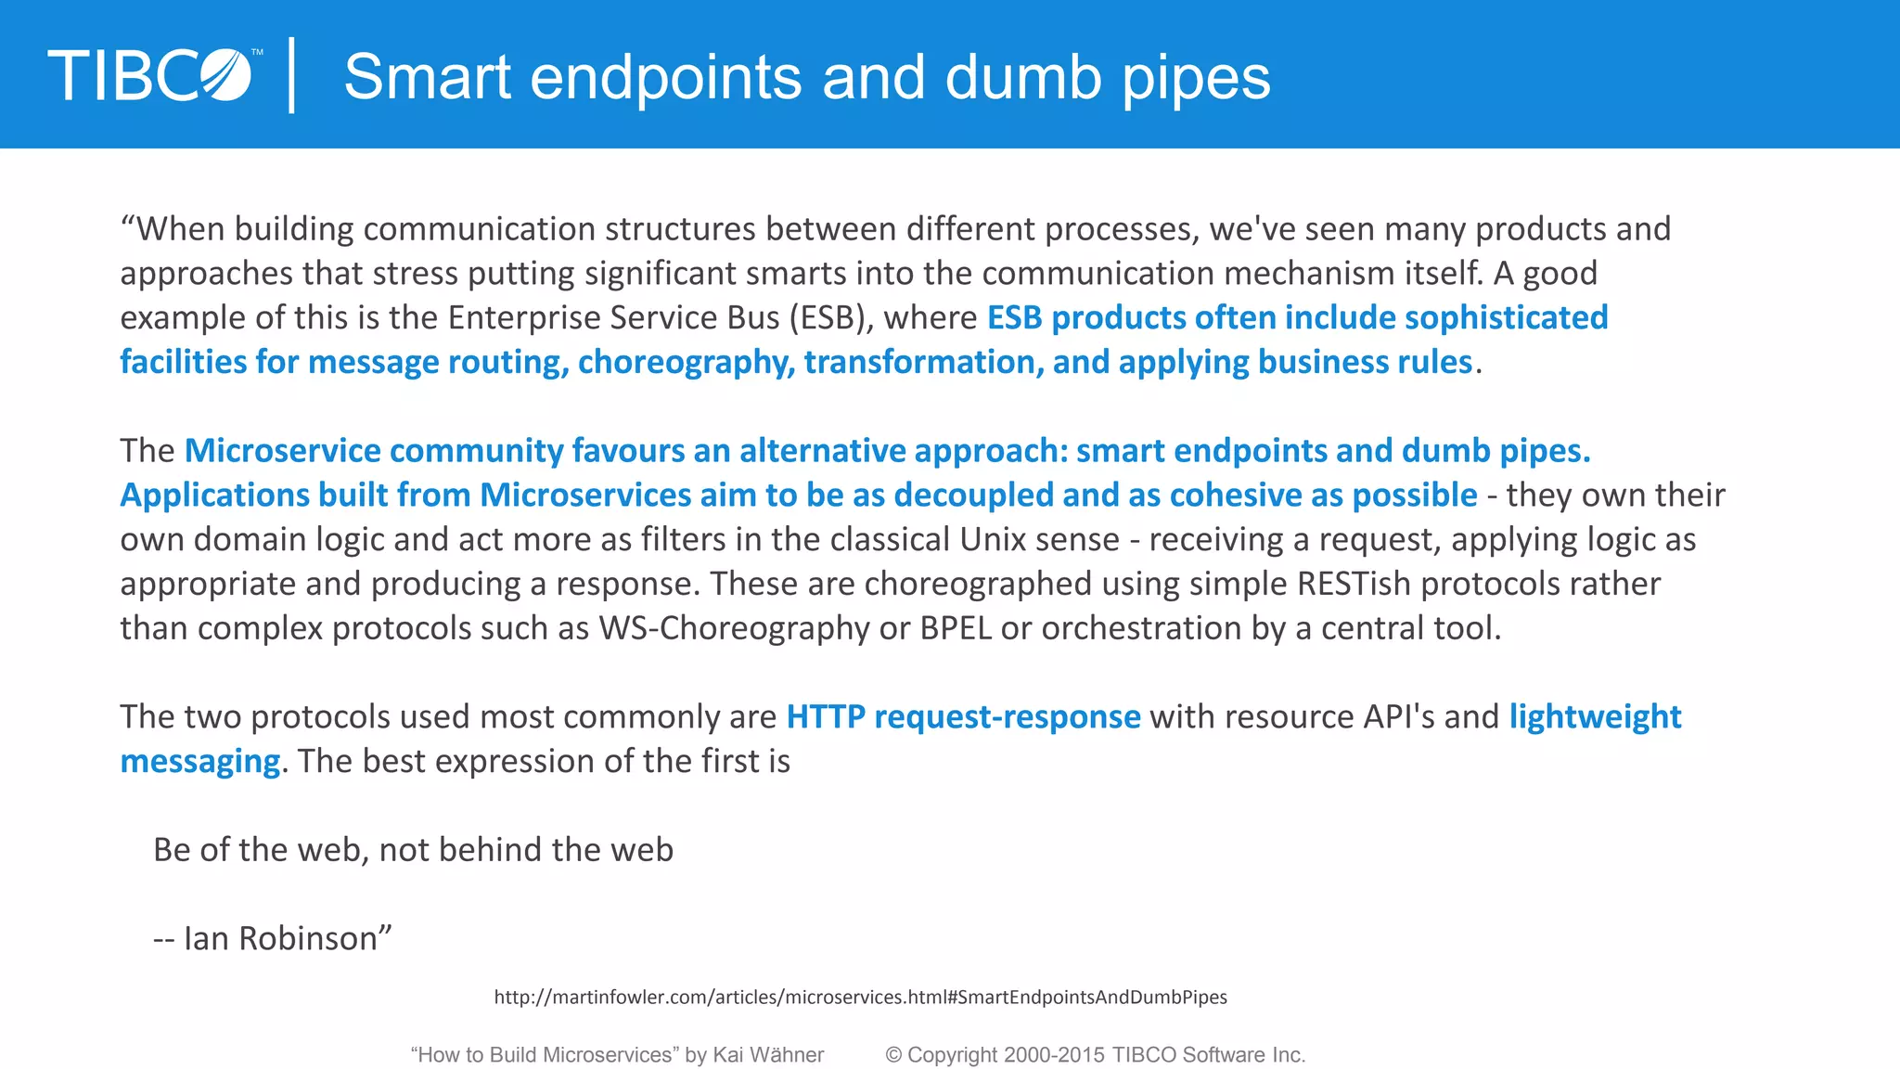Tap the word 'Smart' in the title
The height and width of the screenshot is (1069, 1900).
(x=427, y=77)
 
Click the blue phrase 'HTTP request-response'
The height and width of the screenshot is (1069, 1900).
(x=963, y=716)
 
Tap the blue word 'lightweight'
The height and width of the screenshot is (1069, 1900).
(x=1595, y=716)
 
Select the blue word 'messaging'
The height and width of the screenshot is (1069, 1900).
(x=199, y=761)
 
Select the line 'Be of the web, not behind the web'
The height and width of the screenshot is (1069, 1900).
(x=413, y=850)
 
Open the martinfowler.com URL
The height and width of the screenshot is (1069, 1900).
(x=860, y=997)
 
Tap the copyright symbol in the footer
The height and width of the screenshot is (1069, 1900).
(x=893, y=1055)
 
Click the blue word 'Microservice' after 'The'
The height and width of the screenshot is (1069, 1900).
(x=282, y=451)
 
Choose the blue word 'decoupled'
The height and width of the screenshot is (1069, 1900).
(x=973, y=496)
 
